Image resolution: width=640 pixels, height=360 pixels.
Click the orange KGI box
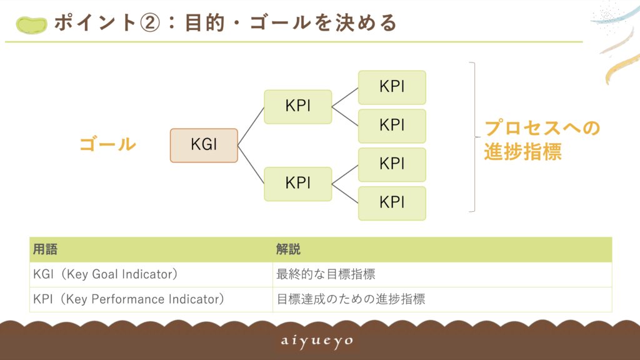click(x=204, y=145)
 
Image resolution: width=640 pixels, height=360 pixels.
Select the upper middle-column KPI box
click(x=298, y=106)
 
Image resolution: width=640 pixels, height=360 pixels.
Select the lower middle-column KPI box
click(x=298, y=184)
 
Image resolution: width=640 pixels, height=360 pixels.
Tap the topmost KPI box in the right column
click(x=392, y=87)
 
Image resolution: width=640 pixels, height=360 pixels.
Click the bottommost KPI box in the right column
click(x=392, y=203)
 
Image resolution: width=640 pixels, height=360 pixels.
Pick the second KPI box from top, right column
click(x=392, y=126)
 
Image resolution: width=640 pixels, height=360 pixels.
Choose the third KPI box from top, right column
click(x=392, y=164)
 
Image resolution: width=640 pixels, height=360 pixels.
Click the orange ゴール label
click(x=107, y=144)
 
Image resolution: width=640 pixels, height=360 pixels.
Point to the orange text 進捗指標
click(x=523, y=152)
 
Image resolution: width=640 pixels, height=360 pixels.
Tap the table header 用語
click(x=45, y=249)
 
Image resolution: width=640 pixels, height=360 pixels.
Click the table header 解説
click(x=288, y=249)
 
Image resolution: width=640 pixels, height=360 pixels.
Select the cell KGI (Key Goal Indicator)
click(x=105, y=274)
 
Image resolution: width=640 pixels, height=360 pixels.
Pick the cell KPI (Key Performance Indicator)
click(x=129, y=299)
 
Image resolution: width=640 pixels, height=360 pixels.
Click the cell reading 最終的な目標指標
click(x=326, y=274)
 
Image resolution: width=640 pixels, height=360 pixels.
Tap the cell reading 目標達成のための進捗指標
click(x=351, y=299)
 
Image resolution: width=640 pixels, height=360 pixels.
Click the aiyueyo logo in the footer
click(x=317, y=341)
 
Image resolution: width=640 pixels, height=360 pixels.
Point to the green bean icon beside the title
click(x=31, y=25)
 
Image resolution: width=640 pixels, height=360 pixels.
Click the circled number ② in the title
click(x=150, y=23)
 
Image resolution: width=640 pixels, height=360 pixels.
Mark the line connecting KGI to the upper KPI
click(x=251, y=126)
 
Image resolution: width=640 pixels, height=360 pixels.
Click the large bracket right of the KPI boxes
click(x=475, y=137)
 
